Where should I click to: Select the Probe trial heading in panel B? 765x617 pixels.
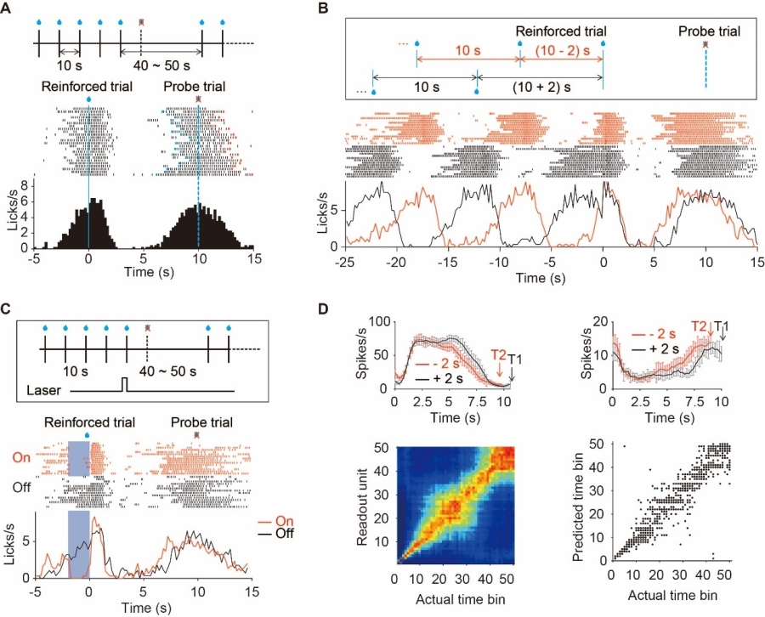[x=709, y=31]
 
